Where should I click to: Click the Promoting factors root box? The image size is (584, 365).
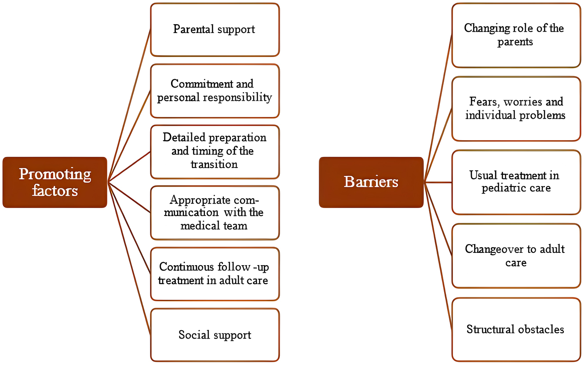click(55, 182)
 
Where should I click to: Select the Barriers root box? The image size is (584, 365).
click(371, 182)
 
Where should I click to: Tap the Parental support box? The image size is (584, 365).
click(215, 30)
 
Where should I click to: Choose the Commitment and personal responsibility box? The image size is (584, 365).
click(215, 91)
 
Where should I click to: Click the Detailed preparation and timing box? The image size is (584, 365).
click(215, 151)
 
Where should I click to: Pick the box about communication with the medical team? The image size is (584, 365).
click(215, 213)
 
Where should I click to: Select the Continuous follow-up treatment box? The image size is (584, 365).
click(215, 274)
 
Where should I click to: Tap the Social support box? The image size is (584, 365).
click(215, 335)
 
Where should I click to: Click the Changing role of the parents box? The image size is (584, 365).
click(516, 35)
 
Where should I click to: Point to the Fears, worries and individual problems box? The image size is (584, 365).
click(516, 109)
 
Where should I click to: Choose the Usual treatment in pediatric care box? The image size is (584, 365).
click(516, 182)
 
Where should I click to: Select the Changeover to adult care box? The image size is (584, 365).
click(516, 255)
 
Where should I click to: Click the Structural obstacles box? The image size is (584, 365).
click(516, 329)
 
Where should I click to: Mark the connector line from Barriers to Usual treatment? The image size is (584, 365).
click(438, 182)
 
